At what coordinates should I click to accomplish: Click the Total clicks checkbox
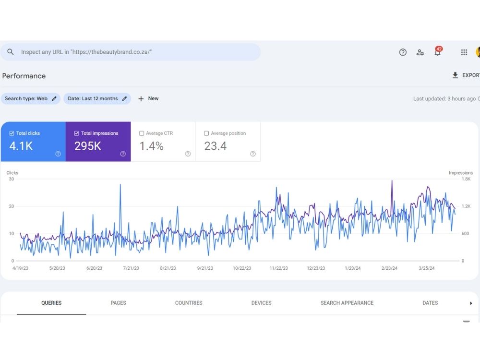(x=12, y=133)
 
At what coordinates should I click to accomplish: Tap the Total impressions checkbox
(x=76, y=133)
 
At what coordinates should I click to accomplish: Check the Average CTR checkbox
(x=142, y=133)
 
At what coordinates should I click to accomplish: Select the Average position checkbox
(x=206, y=133)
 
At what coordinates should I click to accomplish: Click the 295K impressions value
(x=87, y=146)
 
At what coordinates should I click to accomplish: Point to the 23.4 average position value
(x=216, y=146)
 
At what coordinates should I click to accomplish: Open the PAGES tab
(x=118, y=303)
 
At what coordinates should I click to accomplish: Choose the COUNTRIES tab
(x=189, y=303)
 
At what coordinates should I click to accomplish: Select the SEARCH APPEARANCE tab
(x=347, y=303)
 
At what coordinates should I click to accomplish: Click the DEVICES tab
(x=262, y=303)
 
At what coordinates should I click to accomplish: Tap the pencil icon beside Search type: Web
(x=54, y=98)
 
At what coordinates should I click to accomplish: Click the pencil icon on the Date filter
(x=124, y=98)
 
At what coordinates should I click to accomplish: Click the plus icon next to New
(x=141, y=98)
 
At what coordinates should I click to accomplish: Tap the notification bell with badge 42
(x=438, y=51)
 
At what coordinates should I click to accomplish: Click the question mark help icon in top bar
(x=403, y=52)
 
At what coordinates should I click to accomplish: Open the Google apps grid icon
(x=464, y=52)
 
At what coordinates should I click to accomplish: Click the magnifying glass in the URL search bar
(x=11, y=52)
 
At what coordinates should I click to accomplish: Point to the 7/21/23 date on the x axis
(x=131, y=268)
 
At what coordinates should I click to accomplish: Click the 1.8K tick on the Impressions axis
(x=466, y=179)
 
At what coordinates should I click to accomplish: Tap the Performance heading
(x=24, y=76)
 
